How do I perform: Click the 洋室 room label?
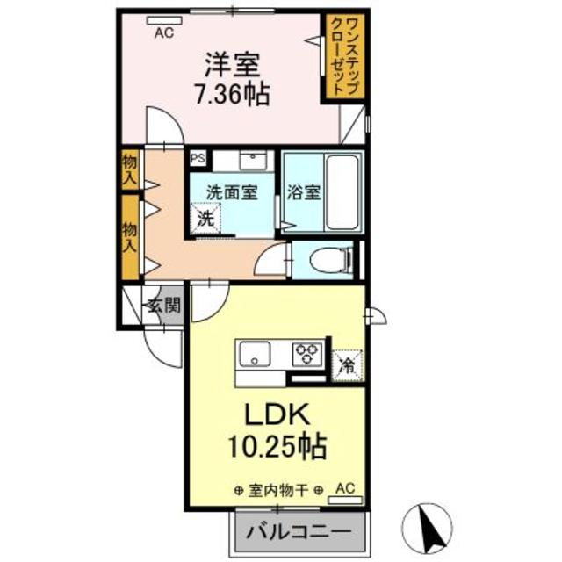[232, 64]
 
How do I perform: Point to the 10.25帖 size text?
[274, 447]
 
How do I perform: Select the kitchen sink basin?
[256, 355]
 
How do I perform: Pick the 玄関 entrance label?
[163, 306]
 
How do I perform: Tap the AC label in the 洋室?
[164, 34]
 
